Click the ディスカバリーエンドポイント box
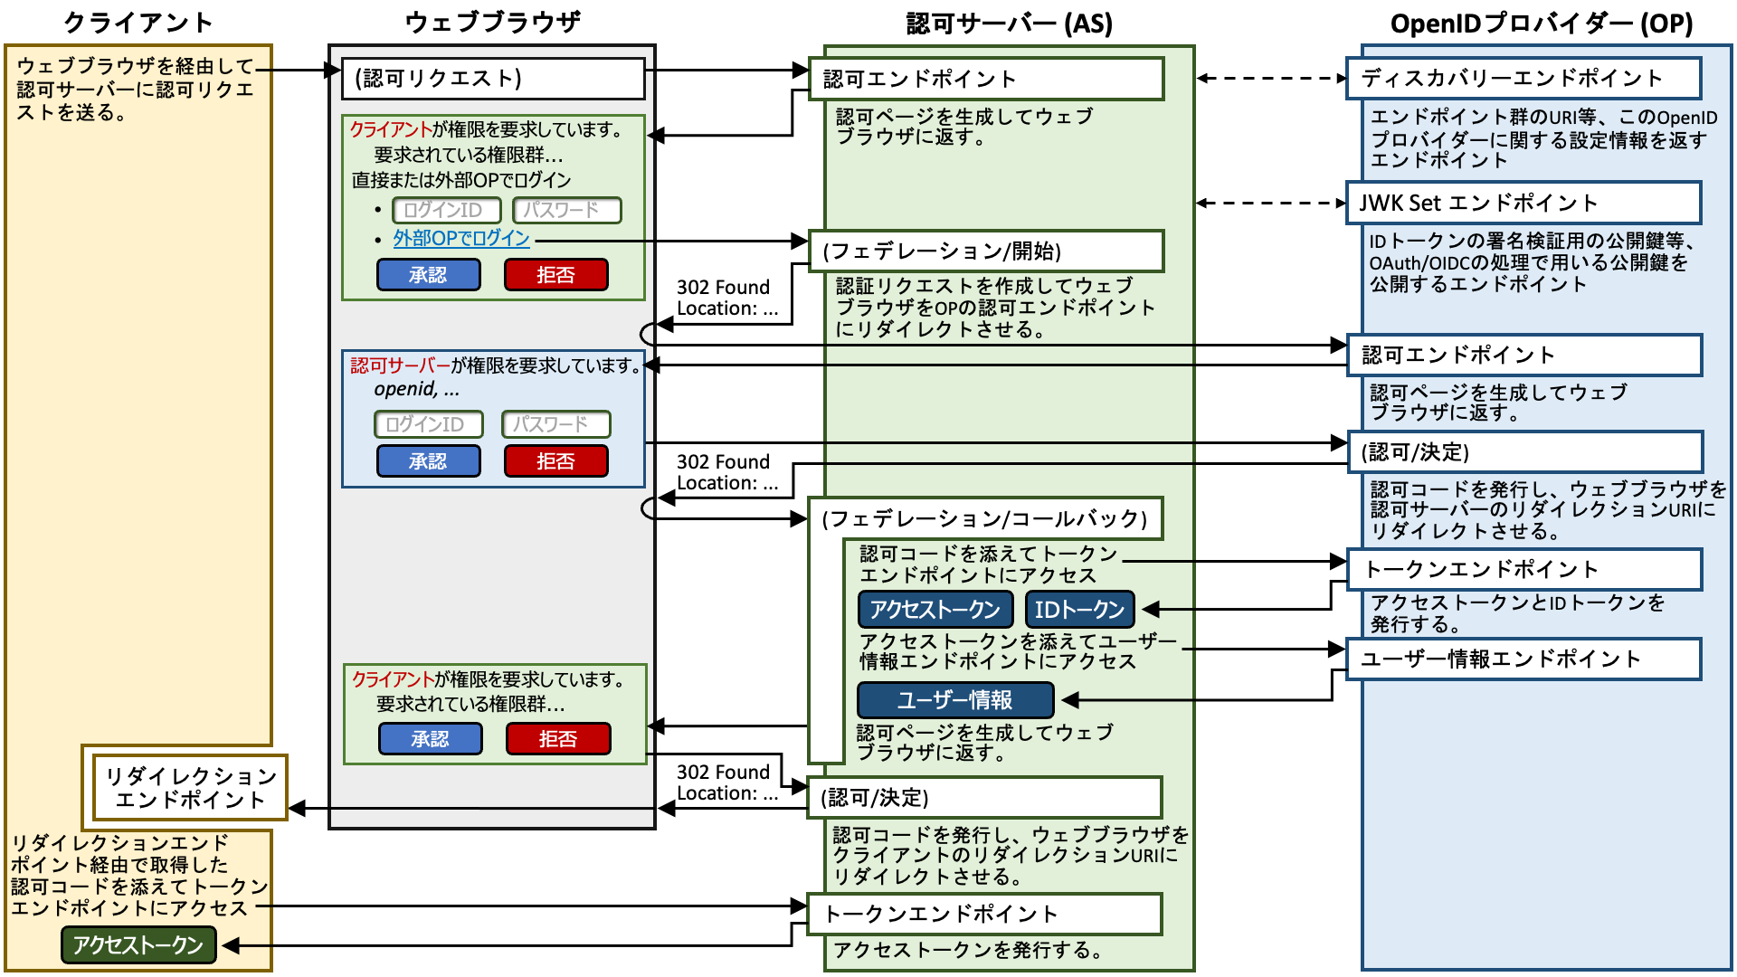(x=1523, y=79)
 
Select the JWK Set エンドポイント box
(x=1523, y=203)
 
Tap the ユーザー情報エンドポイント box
(x=1523, y=659)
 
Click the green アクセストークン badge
(x=138, y=944)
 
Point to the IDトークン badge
(x=1079, y=610)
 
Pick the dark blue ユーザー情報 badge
(x=955, y=700)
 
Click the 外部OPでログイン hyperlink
(x=461, y=239)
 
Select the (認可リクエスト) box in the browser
(x=493, y=79)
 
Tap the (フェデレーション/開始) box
(x=985, y=251)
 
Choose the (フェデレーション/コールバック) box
(x=985, y=518)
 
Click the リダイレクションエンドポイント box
(x=190, y=788)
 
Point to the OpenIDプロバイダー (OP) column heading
(x=1542, y=24)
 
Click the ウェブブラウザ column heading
(x=492, y=23)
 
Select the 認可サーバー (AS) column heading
(x=1010, y=24)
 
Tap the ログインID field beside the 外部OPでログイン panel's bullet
(x=447, y=210)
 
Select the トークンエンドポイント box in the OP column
(x=1523, y=569)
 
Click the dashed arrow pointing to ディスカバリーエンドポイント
(x=1271, y=79)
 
